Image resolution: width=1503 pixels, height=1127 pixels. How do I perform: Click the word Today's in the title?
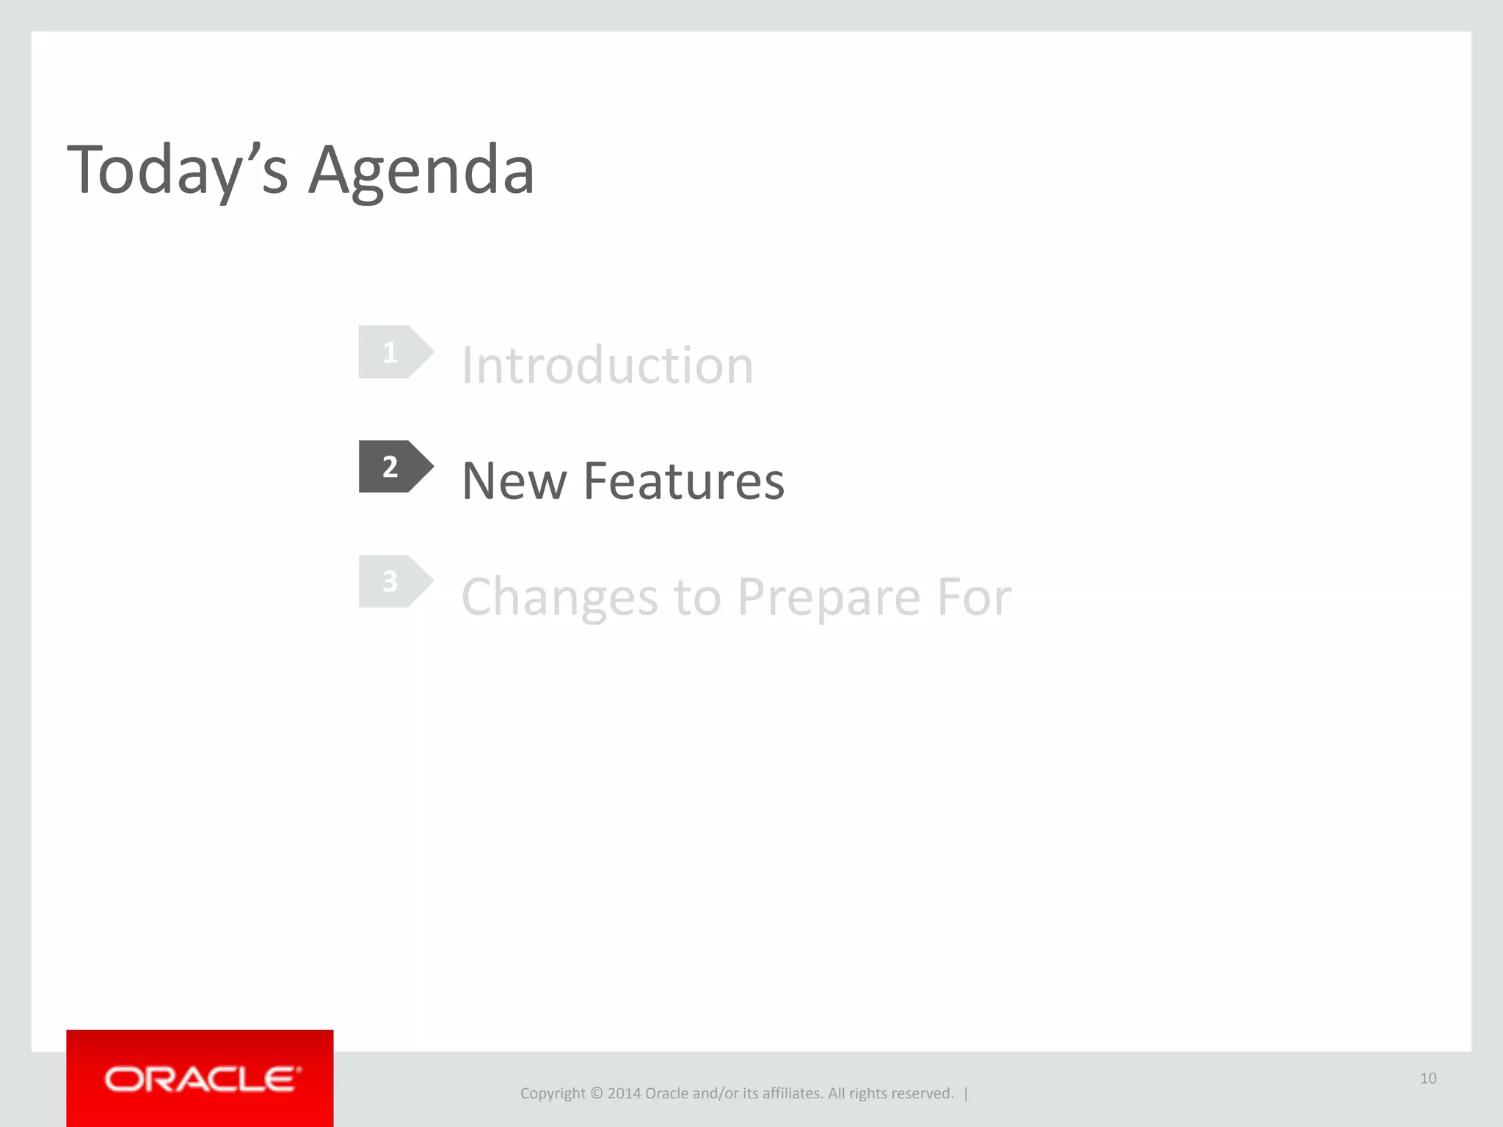[x=177, y=170]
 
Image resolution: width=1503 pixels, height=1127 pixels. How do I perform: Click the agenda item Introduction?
[x=607, y=365]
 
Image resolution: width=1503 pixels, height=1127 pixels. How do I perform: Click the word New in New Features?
[x=514, y=481]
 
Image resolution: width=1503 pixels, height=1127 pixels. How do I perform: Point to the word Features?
[x=683, y=481]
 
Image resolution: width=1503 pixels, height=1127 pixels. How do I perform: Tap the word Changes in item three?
[x=559, y=597]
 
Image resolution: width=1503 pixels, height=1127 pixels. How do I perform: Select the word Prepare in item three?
[x=829, y=597]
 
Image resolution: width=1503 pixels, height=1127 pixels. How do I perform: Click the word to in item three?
[x=697, y=597]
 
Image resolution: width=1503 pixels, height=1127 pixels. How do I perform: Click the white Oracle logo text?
[x=202, y=1079]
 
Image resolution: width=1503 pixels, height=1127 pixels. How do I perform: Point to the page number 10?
[x=1428, y=1078]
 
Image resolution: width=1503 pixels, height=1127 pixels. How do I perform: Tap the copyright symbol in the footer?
[x=596, y=1093]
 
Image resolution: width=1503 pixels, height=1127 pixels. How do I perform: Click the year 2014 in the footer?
[x=624, y=1093]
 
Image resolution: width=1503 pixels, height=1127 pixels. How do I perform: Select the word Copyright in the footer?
[x=553, y=1094]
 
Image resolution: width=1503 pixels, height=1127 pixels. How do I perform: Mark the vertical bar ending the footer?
[x=966, y=1093]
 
